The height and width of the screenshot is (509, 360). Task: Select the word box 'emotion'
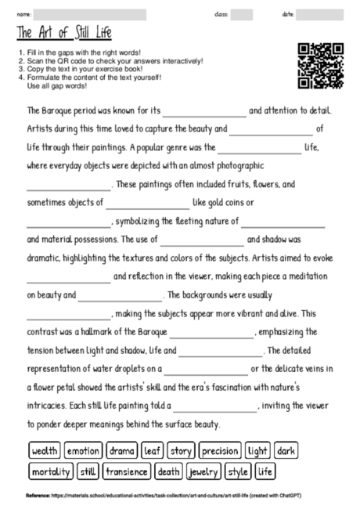pos(83,451)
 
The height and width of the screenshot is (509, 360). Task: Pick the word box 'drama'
pos(122,451)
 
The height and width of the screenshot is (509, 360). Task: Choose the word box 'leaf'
pos(153,451)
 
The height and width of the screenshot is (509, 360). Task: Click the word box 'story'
pos(181,451)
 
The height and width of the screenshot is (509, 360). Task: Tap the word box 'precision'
pos(219,451)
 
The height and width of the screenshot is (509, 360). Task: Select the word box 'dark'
pos(286,451)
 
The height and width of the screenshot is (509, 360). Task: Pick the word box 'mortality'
pos(51,472)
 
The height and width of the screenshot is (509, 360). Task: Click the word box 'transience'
pos(127,472)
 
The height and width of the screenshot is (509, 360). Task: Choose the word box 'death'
pos(168,472)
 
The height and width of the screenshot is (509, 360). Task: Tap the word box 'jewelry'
pos(203,472)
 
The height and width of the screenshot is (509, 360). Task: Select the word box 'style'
pos(238,472)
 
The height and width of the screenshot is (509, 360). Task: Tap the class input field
pos(242,14)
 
